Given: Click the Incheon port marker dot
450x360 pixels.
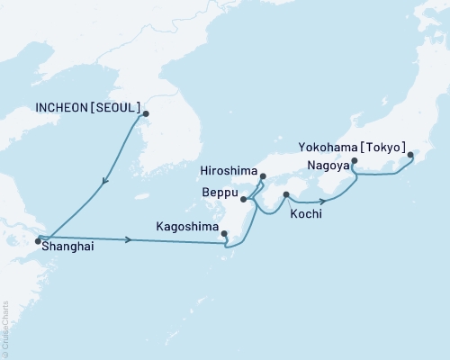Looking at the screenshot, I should tap(147, 113).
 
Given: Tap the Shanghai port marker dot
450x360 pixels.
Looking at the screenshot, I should tap(38, 240).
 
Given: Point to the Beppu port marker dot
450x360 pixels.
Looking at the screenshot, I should tap(244, 188).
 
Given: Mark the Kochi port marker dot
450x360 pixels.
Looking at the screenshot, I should tap(286, 194).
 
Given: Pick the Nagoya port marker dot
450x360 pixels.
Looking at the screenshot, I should tap(354, 162).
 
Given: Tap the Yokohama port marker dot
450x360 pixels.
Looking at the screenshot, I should tap(411, 156).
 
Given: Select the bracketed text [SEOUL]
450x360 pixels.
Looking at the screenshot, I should tap(118, 107).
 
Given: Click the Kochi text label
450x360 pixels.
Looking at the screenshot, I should tap(306, 216).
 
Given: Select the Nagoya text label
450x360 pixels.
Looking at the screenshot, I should tap(324, 166).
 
